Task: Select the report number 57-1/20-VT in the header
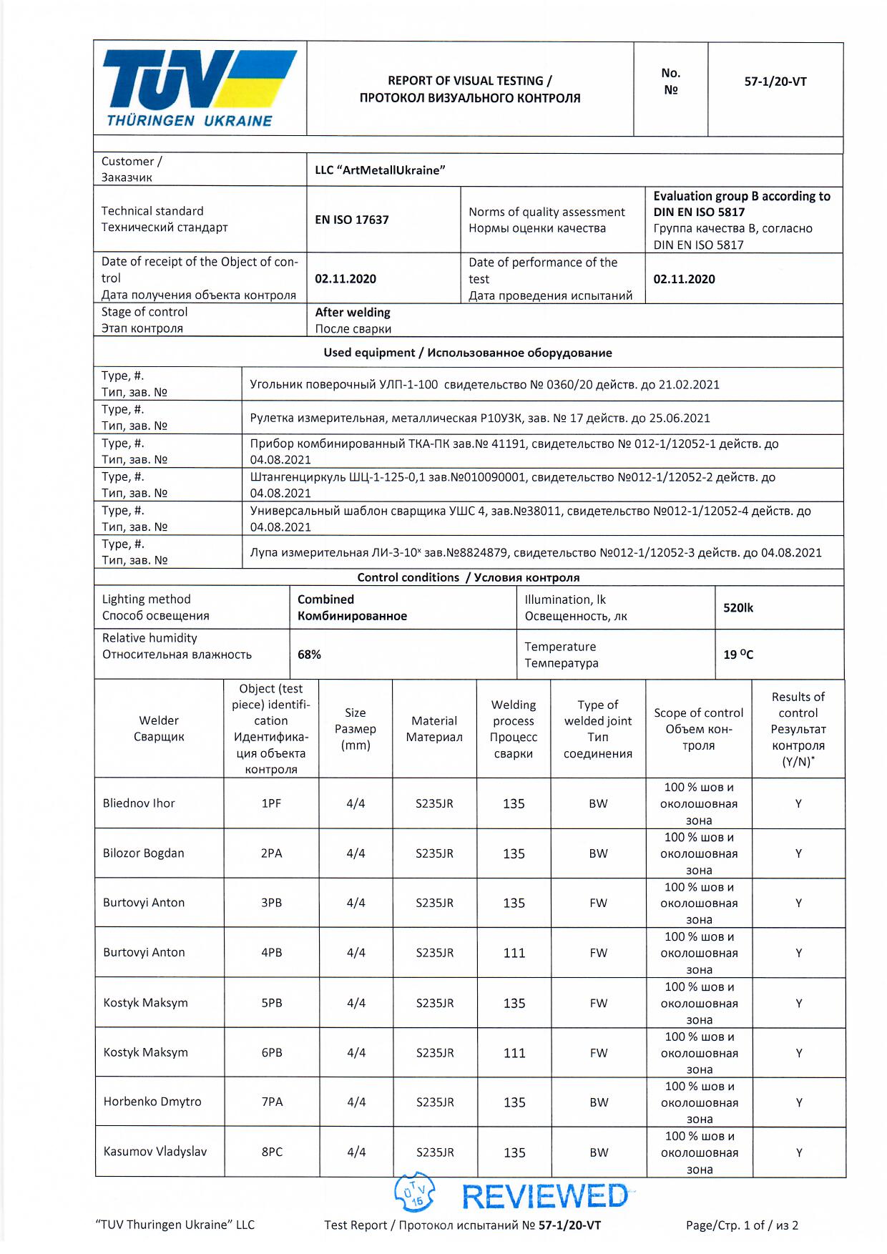click(775, 82)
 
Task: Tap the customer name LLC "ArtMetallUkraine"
click(380, 170)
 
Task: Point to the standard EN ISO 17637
click(352, 220)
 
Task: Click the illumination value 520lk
click(738, 608)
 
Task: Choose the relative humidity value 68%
click(309, 655)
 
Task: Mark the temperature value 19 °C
click(738, 655)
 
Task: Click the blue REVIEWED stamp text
click(544, 1197)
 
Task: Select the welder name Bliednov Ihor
click(139, 803)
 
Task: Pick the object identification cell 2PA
click(271, 853)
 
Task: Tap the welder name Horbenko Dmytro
click(152, 1102)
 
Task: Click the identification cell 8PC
click(272, 1152)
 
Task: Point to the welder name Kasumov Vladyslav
click(155, 1152)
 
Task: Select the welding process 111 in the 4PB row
click(514, 953)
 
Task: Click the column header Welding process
click(514, 729)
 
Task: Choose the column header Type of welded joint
click(598, 729)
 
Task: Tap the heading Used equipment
click(468, 353)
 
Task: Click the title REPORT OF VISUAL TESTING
click(470, 81)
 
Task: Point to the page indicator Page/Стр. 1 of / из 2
click(742, 1225)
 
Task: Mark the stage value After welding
click(353, 313)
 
